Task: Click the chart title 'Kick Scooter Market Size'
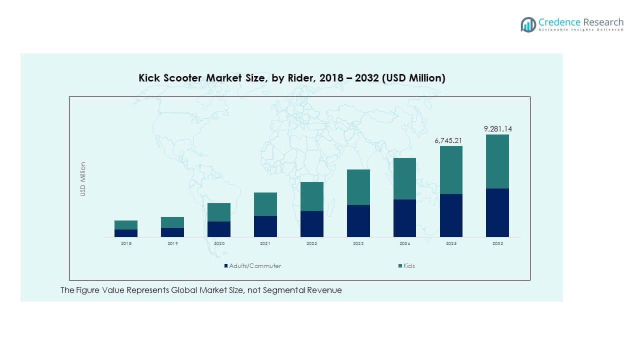point(291,78)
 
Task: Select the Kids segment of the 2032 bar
point(497,161)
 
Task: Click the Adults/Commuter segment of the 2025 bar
point(451,215)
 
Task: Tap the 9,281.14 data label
point(497,129)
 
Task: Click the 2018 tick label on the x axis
point(126,243)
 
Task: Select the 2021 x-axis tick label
point(265,243)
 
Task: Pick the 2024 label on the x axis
point(404,243)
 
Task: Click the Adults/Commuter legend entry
point(252,266)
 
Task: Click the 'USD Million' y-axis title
point(83,179)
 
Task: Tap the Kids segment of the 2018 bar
point(126,225)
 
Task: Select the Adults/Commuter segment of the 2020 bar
point(219,229)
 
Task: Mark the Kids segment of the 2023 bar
point(358,187)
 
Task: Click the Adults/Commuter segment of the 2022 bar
point(312,223)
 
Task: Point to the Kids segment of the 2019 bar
point(172,222)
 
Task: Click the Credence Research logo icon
point(528,24)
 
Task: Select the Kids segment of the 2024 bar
point(404,178)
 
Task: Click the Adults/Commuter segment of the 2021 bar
point(265,226)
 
